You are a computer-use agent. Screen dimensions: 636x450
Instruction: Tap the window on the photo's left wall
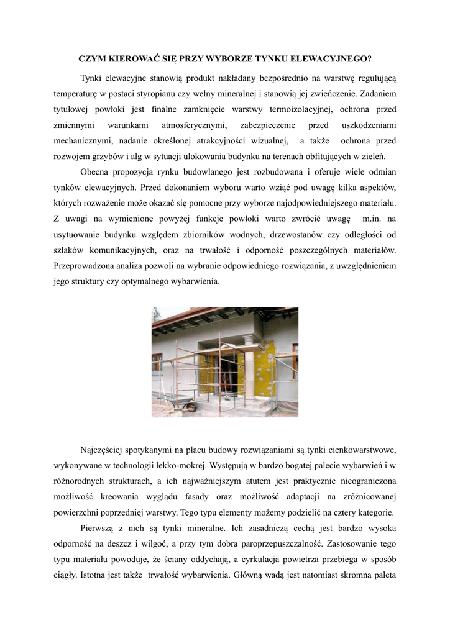pyautogui.click(x=158, y=366)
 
